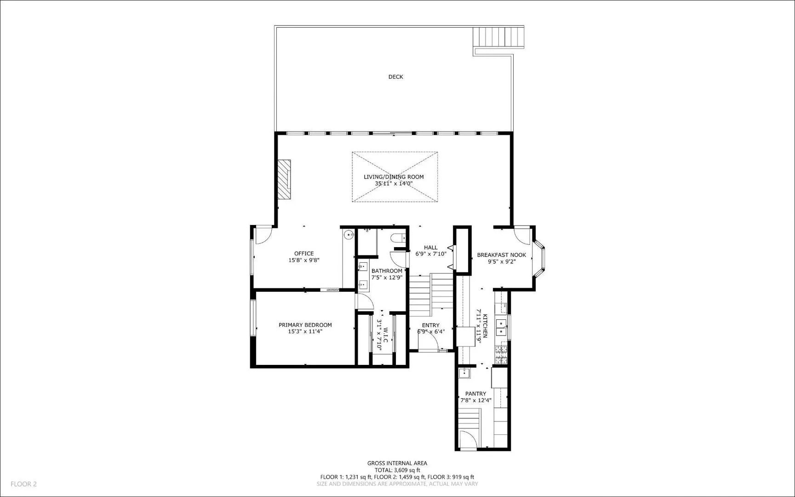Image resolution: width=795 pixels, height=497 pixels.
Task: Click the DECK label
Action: pos(395,77)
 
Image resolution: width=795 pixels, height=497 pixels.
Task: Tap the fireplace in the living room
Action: pos(284,179)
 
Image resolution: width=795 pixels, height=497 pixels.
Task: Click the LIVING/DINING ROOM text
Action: pos(394,177)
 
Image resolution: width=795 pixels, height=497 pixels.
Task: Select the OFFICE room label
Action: pos(304,254)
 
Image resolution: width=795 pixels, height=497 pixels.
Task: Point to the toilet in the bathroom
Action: pos(397,237)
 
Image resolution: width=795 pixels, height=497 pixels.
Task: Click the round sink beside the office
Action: pos(350,235)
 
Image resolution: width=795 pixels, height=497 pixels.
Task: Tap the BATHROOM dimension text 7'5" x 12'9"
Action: pos(387,277)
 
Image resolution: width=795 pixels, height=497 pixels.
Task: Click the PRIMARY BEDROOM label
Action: pos(305,325)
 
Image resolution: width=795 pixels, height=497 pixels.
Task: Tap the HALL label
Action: pos(431,248)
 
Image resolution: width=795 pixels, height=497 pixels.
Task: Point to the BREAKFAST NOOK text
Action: pos(501,255)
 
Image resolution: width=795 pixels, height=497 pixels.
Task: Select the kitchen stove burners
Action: pos(501,353)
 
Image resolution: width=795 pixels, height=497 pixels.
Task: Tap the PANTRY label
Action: pos(475,394)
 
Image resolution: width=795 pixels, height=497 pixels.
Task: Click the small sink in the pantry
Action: pos(464,373)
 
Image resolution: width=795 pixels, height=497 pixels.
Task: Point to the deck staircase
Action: pos(499,36)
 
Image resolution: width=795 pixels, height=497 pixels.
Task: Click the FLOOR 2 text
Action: pos(23,484)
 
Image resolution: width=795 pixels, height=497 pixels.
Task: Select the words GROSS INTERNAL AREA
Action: pos(397,463)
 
